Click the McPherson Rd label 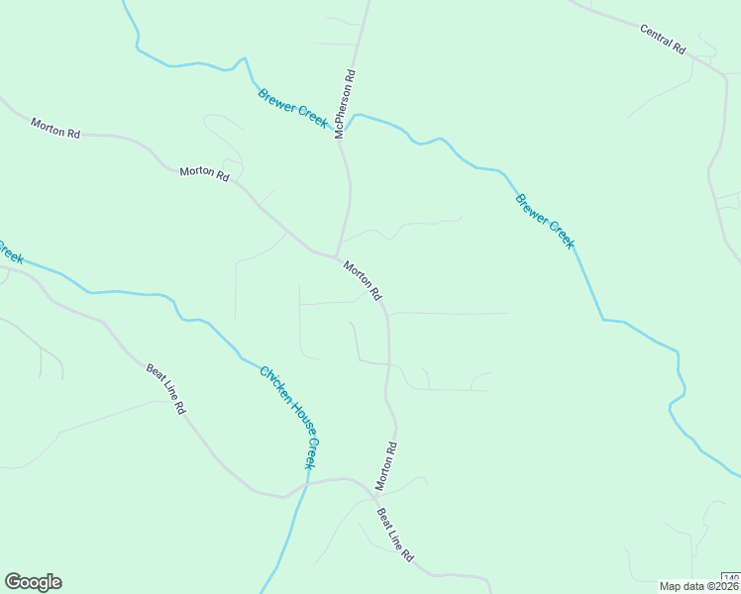tap(344, 102)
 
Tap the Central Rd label tap(663, 40)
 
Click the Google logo tap(33, 582)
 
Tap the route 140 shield tap(731, 578)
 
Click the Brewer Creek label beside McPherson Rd tap(292, 107)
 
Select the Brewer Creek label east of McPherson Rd tap(544, 221)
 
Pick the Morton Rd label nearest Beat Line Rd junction tap(386, 465)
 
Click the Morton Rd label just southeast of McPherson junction tap(363, 279)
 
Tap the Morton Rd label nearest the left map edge tap(54, 128)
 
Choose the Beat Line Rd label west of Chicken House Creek tap(165, 388)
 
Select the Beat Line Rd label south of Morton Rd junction tap(394, 536)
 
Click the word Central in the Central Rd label tap(655, 35)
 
